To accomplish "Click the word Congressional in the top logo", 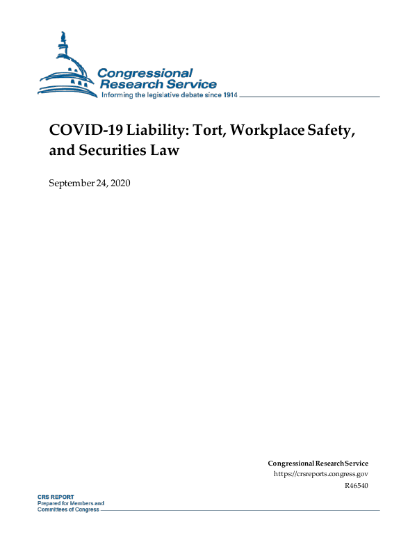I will (145, 73).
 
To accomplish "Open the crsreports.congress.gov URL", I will (321, 474).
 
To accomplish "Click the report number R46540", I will (356, 485).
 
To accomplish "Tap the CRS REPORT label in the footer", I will (56, 497).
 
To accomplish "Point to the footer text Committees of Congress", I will (68, 509).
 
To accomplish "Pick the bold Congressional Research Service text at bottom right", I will (318, 463).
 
